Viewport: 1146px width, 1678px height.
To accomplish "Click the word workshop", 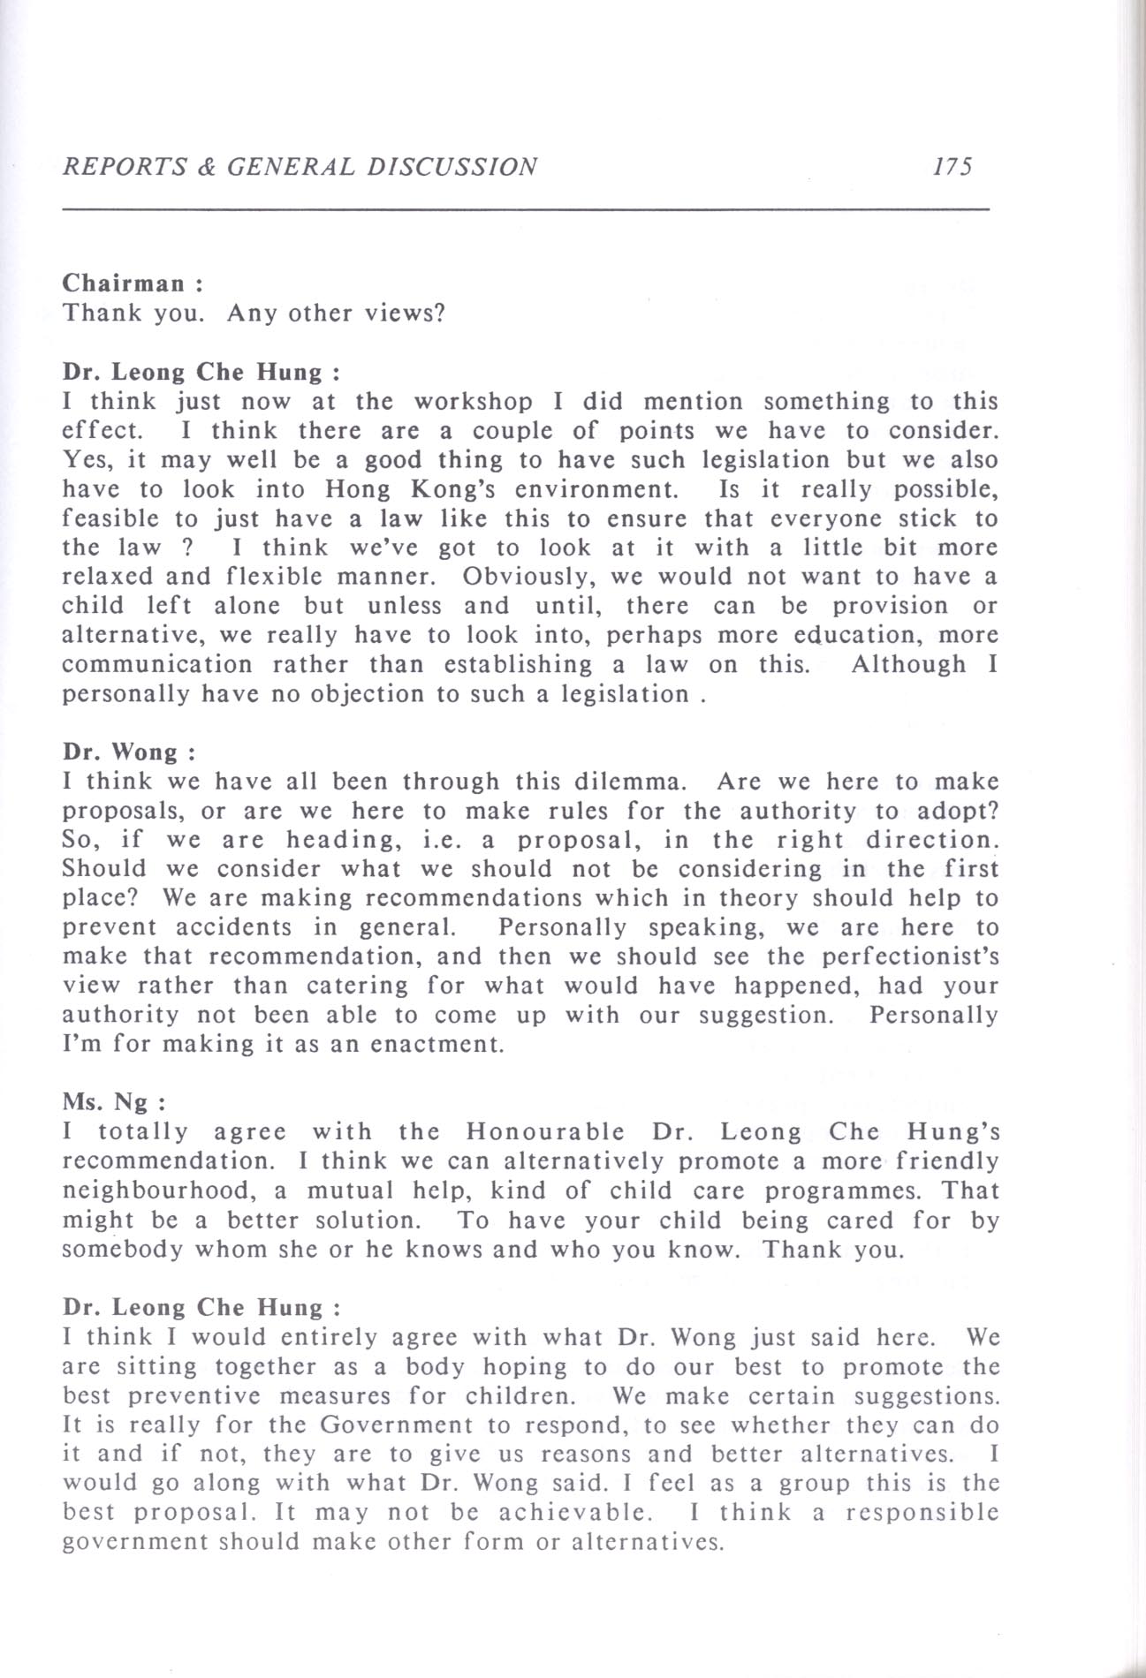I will coord(474,402).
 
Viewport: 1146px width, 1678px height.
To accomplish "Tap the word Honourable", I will coord(545,1132).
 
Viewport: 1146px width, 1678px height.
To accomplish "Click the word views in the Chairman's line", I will coord(410,314).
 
